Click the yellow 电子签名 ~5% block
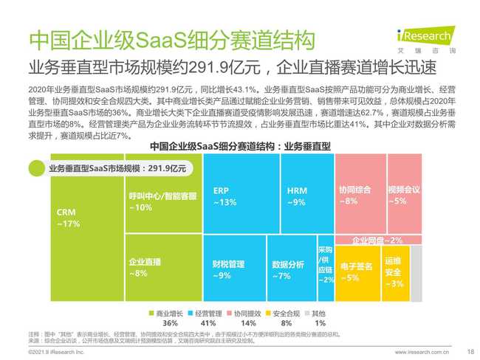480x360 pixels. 357,271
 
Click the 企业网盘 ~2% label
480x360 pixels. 377,240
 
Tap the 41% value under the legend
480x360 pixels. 208,323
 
